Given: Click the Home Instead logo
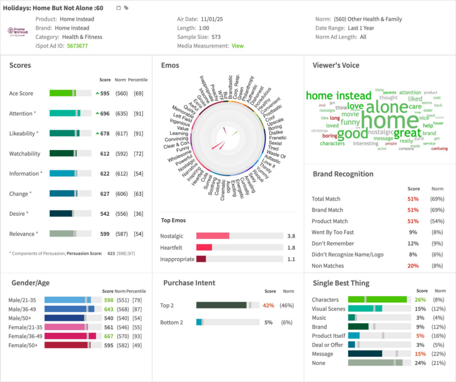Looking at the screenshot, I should tap(18, 32).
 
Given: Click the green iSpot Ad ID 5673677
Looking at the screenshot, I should tap(77, 46).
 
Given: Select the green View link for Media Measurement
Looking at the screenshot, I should tap(237, 46).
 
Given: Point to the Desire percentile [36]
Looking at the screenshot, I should tap(138, 214).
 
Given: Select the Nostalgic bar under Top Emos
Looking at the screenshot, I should tap(212, 236).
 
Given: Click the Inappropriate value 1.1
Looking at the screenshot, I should tap(291, 259).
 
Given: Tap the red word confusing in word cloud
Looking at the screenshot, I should tap(439, 149).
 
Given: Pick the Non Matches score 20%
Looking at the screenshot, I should tap(413, 266).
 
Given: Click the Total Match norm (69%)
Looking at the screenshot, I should tap(437, 199).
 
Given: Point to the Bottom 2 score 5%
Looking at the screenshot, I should tap(268, 322).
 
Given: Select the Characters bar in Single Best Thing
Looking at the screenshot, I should tap(377, 300).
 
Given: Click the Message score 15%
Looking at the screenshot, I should tap(420, 354).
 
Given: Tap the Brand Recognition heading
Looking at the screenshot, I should tap(343, 174).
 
